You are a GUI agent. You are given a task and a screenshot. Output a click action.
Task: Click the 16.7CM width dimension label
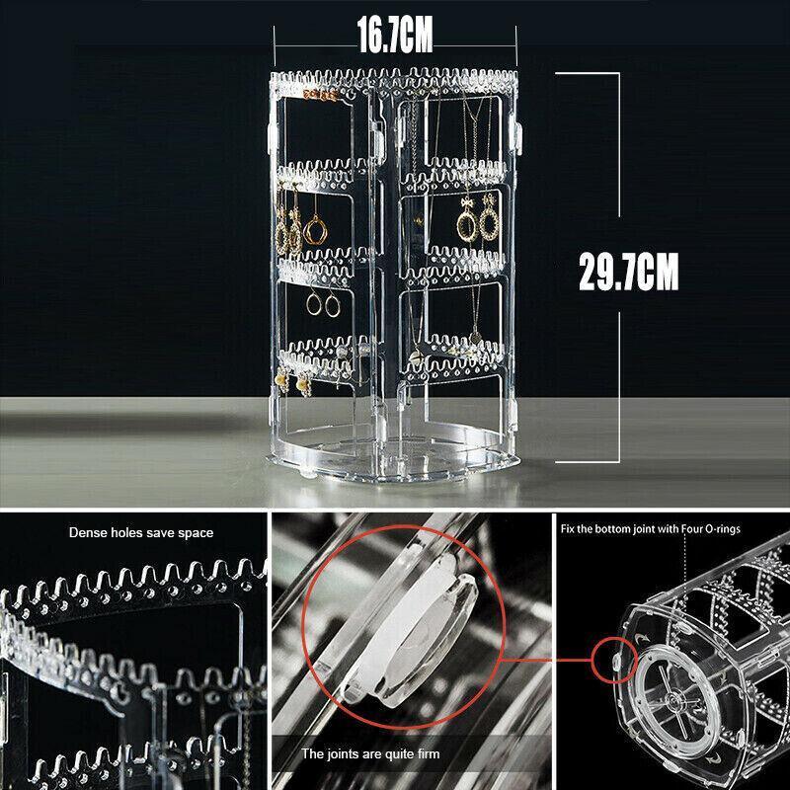pos(395,35)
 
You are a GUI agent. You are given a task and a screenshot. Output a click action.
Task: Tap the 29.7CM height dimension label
pos(629,272)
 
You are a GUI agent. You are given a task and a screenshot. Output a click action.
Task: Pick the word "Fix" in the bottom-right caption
pos(568,529)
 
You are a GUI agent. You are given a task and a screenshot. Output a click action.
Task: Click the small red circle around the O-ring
pos(614,660)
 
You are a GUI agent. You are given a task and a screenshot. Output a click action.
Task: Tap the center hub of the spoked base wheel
pos(674,699)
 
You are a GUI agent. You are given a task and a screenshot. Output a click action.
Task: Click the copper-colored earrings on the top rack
pos(319,95)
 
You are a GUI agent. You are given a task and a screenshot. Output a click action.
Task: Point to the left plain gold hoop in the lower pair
pos(313,304)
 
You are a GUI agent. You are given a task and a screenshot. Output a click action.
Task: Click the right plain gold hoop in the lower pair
pos(333,306)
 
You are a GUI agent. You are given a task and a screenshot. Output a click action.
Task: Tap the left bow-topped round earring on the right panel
pos(466,220)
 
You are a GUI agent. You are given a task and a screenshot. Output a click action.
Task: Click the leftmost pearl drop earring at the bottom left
pos(282,380)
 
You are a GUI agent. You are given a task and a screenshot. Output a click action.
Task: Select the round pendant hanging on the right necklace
pos(475,337)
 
